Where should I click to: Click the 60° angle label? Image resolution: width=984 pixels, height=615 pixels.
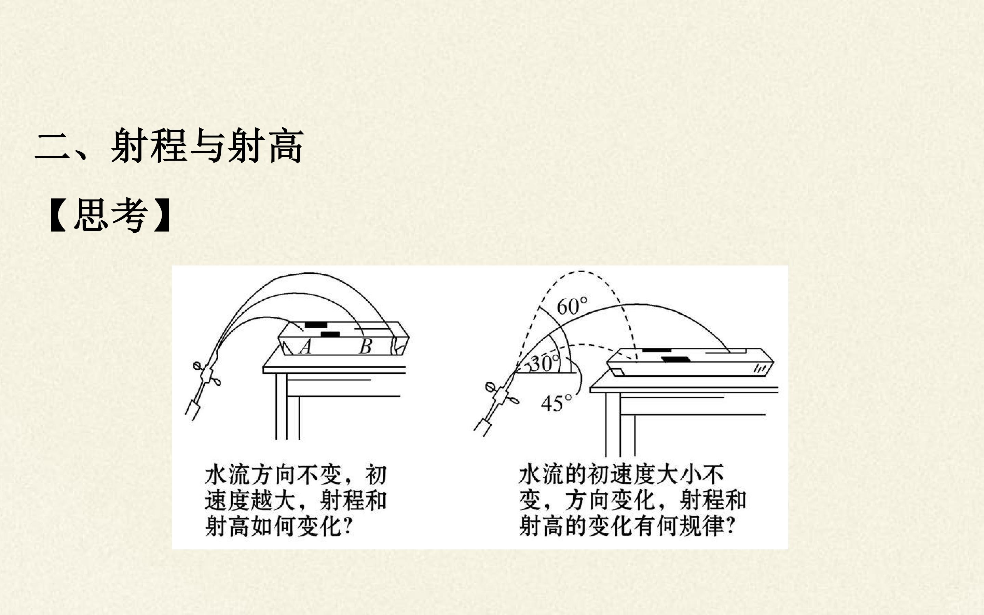click(x=572, y=306)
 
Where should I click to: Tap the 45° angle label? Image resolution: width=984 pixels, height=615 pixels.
click(x=556, y=403)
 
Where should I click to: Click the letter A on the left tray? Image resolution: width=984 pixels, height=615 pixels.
click(x=306, y=346)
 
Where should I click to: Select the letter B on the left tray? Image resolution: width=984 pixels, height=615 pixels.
click(x=366, y=346)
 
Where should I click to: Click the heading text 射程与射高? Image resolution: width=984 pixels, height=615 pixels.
click(x=207, y=146)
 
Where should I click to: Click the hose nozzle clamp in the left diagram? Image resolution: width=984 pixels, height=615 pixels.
click(x=207, y=373)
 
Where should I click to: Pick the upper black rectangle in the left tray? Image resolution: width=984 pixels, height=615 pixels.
click(x=316, y=324)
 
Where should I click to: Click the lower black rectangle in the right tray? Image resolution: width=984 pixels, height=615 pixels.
click(x=675, y=359)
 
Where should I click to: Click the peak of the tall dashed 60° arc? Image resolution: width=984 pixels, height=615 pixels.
click(x=582, y=271)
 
